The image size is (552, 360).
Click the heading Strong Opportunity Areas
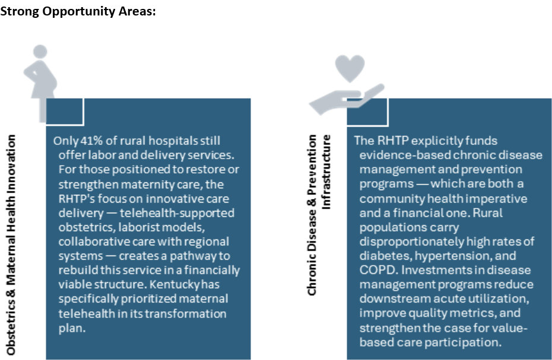tap(78, 11)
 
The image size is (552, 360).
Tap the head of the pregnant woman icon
tap(40, 52)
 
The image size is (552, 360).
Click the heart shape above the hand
tap(350, 68)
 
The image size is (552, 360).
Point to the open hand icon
tap(347, 99)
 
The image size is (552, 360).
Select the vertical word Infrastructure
tap(326, 172)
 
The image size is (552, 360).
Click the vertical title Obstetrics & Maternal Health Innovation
tap(11, 245)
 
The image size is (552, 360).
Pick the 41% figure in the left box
tap(91, 141)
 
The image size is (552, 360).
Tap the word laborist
tap(135, 227)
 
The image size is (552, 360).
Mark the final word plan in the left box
tap(72, 329)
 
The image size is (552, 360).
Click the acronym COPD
tap(379, 270)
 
